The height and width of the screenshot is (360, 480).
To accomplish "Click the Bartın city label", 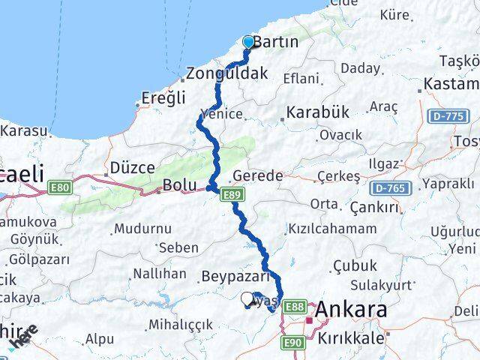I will pyautogui.click(x=276, y=43).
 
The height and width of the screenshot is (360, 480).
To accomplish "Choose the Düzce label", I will pyautogui.click(x=132, y=167).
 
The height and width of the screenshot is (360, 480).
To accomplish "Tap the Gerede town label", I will pyautogui.click(x=257, y=175).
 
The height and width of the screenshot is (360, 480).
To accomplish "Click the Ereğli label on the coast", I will pyautogui.click(x=163, y=98).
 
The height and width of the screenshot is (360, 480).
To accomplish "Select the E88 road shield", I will pyautogui.click(x=295, y=307).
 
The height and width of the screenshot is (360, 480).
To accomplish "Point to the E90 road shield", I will pyautogui.click(x=294, y=342).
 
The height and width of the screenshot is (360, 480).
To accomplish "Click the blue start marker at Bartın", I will pyautogui.click(x=248, y=42).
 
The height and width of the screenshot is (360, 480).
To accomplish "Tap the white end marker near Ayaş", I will pyautogui.click(x=247, y=299).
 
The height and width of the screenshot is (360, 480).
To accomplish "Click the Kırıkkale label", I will pyautogui.click(x=352, y=338).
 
